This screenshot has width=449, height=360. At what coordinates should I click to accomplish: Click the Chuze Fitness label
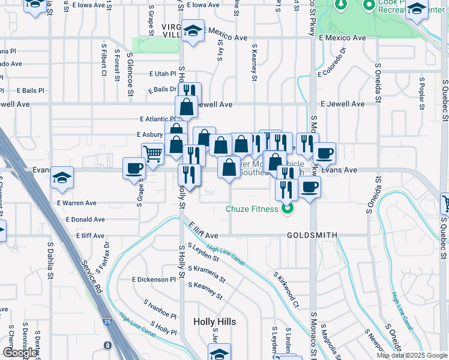[x=251, y=209]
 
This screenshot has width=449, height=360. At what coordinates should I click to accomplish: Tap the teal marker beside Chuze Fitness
[x=288, y=209]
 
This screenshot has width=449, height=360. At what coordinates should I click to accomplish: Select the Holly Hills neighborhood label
[x=214, y=322]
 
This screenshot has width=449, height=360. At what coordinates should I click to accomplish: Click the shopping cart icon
[x=152, y=154]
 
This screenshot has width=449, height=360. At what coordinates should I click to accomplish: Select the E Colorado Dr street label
[x=333, y=75]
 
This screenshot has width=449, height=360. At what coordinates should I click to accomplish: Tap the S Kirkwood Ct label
[x=286, y=290]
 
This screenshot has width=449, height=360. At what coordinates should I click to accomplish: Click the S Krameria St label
[x=206, y=275]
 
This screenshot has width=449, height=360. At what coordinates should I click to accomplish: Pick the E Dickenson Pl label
[x=154, y=280]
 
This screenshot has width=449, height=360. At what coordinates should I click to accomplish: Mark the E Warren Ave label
[x=77, y=203]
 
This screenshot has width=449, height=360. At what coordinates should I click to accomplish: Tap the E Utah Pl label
[x=163, y=74]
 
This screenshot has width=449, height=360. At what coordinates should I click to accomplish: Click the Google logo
[x=20, y=353]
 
